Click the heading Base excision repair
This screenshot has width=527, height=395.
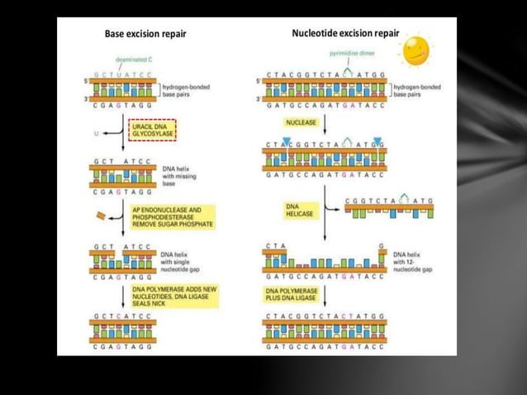coord(145,34)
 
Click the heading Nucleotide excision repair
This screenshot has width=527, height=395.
coord(344,33)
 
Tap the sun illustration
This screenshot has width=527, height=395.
coord(416,50)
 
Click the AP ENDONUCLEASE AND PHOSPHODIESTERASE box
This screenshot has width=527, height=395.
coord(172,218)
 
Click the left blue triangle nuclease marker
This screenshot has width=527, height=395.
coord(287,141)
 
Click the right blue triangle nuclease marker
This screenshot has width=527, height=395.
coord(377,141)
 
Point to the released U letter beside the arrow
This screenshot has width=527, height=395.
coord(96,132)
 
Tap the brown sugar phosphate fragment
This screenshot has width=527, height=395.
coord(101,216)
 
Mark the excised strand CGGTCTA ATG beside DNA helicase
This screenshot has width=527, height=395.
coord(388,207)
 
